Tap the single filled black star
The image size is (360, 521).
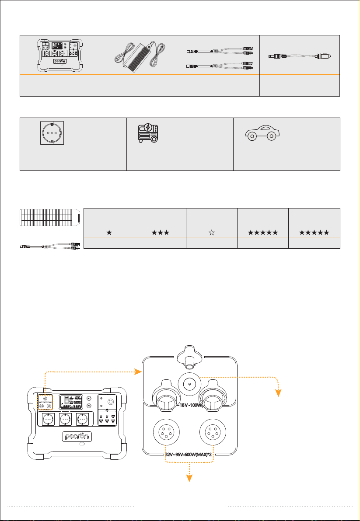pyautogui.click(x=108, y=233)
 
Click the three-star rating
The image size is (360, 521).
pyautogui.click(x=160, y=233)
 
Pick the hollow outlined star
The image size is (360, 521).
pyautogui.click(x=211, y=233)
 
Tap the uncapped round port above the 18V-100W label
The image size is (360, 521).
pyautogui.click(x=189, y=385)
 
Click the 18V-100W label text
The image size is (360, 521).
pyautogui.click(x=188, y=405)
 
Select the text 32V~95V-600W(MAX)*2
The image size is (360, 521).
pyautogui.click(x=189, y=454)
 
